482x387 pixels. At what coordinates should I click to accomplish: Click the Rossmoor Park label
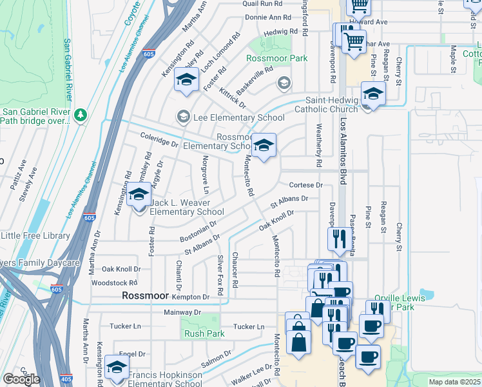point(276,58)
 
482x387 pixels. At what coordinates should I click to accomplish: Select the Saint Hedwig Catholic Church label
point(331,104)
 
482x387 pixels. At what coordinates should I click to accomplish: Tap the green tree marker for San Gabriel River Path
point(81,115)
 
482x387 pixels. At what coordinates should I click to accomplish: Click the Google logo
point(21,379)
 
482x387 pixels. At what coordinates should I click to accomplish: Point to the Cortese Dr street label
point(305,184)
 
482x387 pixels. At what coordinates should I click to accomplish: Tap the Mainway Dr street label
point(183,312)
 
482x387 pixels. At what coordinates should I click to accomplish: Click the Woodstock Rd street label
point(115,283)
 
